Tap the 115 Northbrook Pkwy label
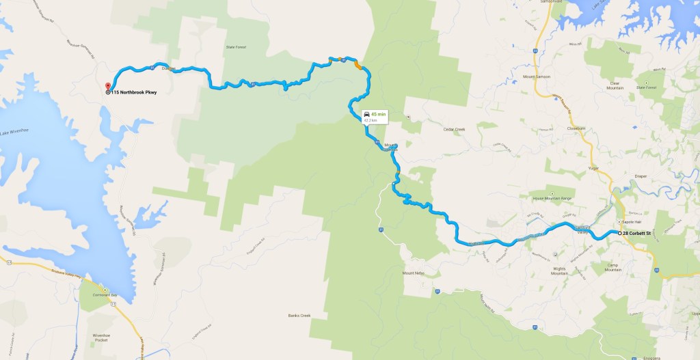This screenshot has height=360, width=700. [x=134, y=92]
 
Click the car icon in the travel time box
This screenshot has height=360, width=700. [x=367, y=113]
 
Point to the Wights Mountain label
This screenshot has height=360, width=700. [x=564, y=268]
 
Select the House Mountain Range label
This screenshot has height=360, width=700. [x=552, y=198]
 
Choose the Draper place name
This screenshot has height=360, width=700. [x=641, y=176]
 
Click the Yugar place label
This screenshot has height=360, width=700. [x=593, y=167]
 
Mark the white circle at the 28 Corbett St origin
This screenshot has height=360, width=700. [x=620, y=234]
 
